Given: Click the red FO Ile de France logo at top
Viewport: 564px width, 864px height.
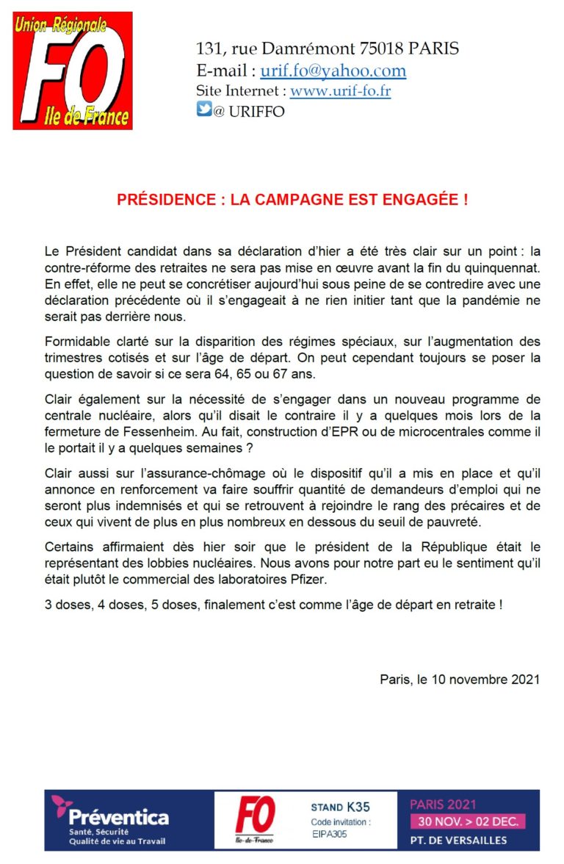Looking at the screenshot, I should (73, 71).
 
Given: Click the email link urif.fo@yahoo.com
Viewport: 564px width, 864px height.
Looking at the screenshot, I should (333, 71).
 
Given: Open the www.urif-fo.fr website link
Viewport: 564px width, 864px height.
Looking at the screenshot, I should (340, 92).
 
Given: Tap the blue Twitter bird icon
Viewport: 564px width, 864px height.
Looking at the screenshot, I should (203, 111).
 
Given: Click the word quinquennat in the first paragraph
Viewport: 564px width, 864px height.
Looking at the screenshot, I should (504, 264).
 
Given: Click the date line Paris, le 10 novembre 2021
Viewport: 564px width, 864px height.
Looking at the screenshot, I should (459, 680).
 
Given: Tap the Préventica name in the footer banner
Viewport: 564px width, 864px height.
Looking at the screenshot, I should (118, 816).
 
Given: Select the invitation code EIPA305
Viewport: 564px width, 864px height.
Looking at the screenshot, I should (330, 834).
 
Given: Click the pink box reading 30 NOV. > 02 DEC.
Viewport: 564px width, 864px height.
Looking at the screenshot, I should (468, 821).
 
